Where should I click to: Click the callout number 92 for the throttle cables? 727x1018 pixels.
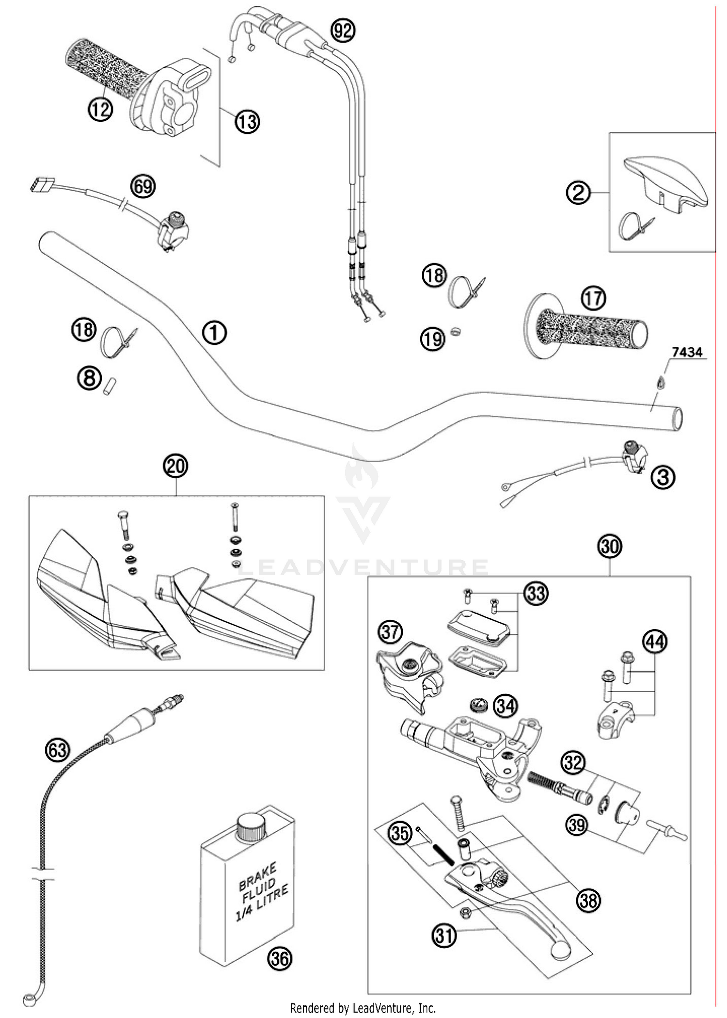(x=343, y=31)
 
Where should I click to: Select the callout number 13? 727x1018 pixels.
(x=247, y=121)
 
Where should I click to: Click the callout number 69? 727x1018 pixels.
(x=143, y=186)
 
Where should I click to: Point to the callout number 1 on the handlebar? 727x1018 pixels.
(x=214, y=333)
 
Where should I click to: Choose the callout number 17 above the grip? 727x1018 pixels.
(x=593, y=298)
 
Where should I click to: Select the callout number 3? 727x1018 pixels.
(x=663, y=477)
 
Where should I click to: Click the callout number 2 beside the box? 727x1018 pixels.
(x=579, y=194)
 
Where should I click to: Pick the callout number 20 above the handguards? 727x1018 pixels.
(x=175, y=466)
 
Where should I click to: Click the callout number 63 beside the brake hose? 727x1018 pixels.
(x=57, y=751)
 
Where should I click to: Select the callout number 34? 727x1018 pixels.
(x=505, y=707)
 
